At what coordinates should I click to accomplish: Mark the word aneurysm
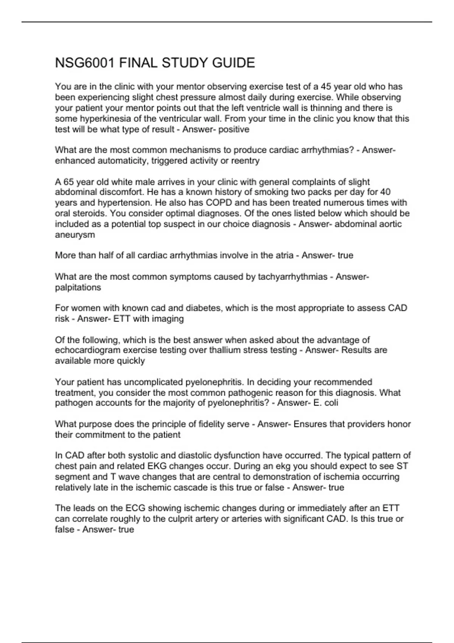coord(75,235)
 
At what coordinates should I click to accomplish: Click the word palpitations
coord(78,287)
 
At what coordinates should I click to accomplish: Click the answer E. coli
coord(326,403)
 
